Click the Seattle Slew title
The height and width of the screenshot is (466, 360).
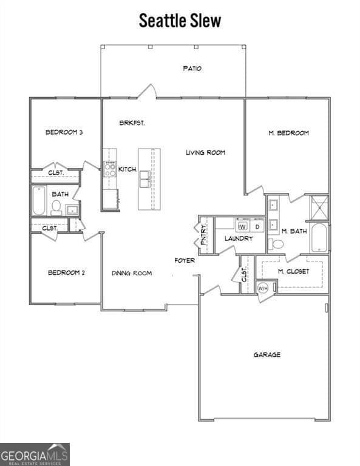tap(180, 20)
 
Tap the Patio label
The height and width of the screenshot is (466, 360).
tap(192, 69)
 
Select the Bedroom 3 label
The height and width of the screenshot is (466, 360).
tap(64, 132)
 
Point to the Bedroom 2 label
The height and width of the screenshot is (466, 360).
tap(66, 272)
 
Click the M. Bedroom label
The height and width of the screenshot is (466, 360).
tap(288, 133)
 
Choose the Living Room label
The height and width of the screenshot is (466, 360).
tap(205, 152)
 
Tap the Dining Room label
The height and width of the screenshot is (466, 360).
tap(131, 273)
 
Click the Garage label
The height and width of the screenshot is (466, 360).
tap(267, 354)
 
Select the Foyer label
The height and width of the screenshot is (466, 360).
tap(185, 260)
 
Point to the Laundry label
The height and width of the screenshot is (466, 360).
tap(239, 238)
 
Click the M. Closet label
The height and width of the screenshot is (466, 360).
tap(293, 271)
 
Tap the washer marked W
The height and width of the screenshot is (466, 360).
tap(242, 226)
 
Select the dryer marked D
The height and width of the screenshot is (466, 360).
tap(257, 226)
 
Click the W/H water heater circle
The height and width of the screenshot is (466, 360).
tap(263, 288)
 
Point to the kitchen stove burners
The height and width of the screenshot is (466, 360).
tap(110, 169)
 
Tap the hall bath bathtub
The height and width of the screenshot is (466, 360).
tap(39, 201)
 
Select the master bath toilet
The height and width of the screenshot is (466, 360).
tap(277, 244)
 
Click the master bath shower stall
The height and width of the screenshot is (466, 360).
tap(319, 208)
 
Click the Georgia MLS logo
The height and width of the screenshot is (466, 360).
tap(35, 454)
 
